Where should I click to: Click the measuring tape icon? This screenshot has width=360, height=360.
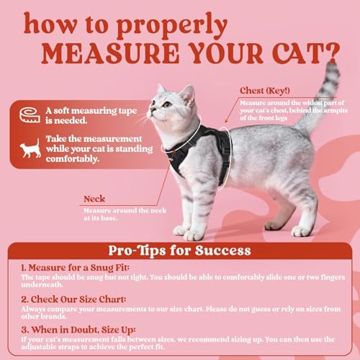point(29,114)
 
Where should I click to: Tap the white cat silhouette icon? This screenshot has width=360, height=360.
point(30,149)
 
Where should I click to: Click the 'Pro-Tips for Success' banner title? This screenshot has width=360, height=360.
point(179,251)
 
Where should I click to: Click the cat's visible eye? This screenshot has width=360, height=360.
point(164,104)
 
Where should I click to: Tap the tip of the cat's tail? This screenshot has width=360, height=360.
point(332,67)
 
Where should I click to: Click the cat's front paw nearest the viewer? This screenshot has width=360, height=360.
point(193,235)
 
